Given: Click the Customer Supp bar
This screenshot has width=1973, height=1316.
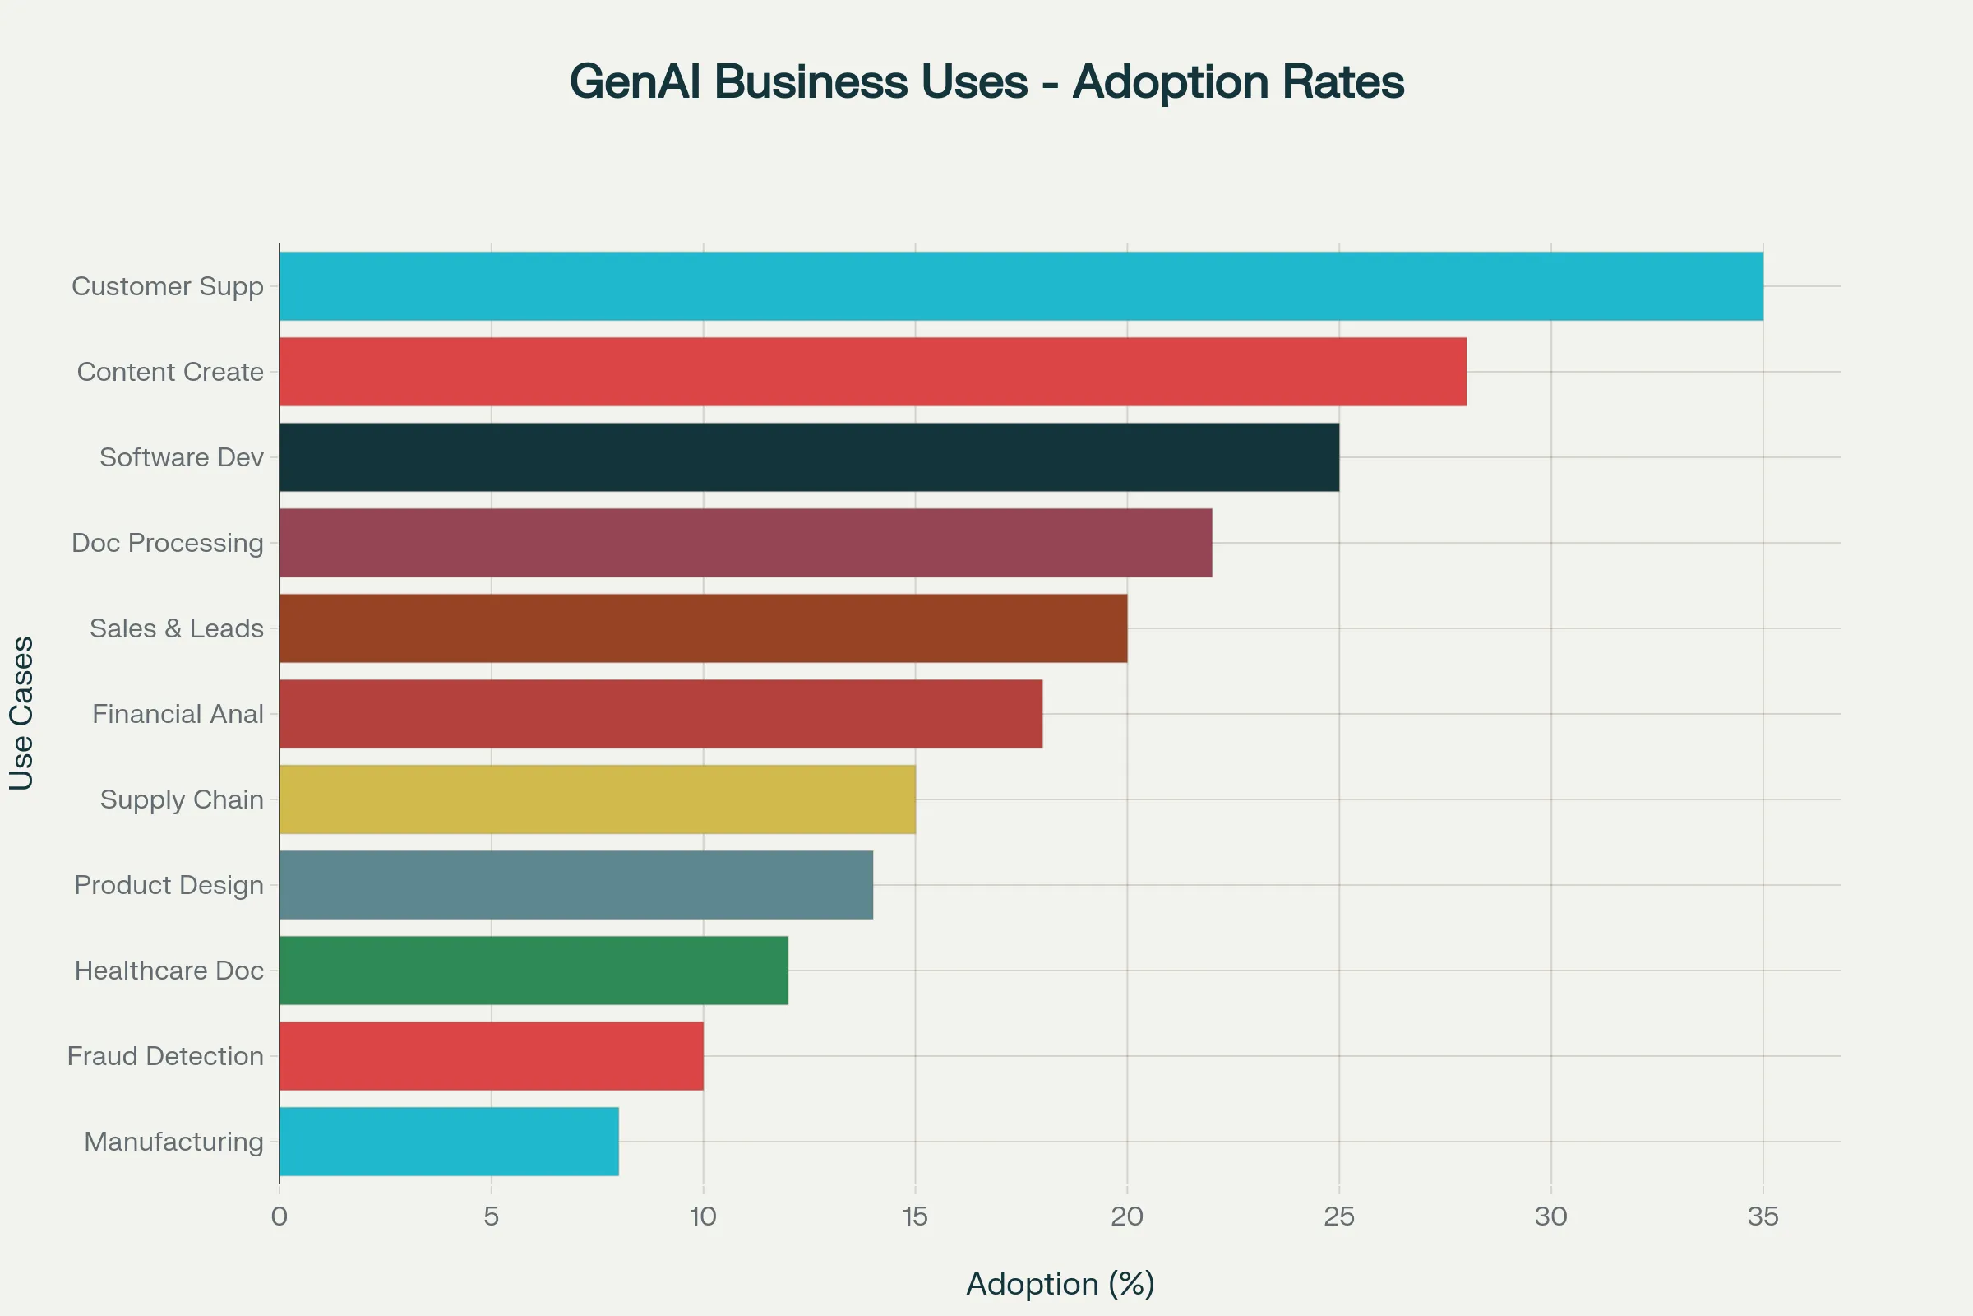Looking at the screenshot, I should point(1021,286).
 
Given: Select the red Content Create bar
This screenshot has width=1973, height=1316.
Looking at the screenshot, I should point(872,372).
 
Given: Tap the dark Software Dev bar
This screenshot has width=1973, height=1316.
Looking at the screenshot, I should point(809,457).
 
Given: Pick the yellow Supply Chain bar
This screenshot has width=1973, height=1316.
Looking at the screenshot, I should point(598,799).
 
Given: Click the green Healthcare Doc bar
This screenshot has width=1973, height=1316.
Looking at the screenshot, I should point(534,971).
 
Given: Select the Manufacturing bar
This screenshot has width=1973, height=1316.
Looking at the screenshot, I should point(449,1142).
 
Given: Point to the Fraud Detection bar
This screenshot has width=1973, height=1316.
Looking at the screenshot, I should point(491,1056).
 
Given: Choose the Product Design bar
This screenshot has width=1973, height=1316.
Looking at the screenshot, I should point(575,885).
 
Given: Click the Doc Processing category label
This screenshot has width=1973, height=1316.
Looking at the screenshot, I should point(168,543).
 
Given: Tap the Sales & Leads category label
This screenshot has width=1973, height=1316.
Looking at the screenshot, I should point(176,628).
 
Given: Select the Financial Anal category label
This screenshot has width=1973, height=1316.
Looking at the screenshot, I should point(178,714).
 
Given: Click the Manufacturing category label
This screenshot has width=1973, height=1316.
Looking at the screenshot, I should point(173,1142).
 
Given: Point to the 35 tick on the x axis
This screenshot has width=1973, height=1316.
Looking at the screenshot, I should point(1763,1216).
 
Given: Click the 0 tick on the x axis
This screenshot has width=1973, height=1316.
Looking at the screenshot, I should point(280,1216).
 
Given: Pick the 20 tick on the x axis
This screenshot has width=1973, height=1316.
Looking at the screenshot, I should point(1126,1216).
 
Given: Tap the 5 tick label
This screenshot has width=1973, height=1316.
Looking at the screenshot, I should point(491,1216).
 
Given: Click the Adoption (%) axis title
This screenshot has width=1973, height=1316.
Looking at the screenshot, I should point(1060,1283).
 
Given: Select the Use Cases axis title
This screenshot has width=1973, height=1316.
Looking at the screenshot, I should point(22,713).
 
